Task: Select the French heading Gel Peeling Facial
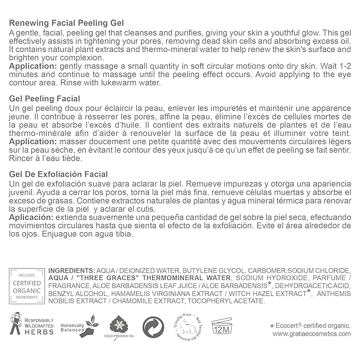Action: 45,99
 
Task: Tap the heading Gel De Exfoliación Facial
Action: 58,174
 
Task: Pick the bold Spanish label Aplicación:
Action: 31,217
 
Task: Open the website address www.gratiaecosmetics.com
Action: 311,335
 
